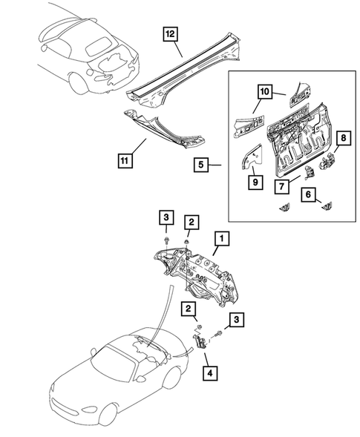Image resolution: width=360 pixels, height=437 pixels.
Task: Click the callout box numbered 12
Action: [x=171, y=34]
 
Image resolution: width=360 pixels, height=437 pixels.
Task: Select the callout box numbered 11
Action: [x=125, y=160]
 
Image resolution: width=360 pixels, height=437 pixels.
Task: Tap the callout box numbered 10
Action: [x=265, y=91]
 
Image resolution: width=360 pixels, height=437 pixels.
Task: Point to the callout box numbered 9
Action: [x=255, y=182]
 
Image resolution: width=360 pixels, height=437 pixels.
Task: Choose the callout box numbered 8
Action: [x=343, y=138]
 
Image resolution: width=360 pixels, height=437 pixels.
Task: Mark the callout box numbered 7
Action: [x=281, y=186]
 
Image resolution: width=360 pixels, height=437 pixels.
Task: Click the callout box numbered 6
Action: [x=308, y=194]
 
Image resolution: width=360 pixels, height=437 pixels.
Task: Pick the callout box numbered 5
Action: [x=201, y=165]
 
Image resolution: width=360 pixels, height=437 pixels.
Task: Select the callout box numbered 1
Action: [x=222, y=238]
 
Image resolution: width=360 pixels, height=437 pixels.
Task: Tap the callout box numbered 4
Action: [x=210, y=373]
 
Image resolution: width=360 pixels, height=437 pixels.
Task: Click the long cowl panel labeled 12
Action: [x=184, y=70]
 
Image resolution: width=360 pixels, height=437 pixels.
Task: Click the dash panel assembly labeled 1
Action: [x=197, y=276]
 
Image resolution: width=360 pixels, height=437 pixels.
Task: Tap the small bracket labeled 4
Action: [x=200, y=341]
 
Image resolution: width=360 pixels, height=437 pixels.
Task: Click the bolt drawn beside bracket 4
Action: [x=218, y=333]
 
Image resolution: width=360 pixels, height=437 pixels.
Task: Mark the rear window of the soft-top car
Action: [x=99, y=46]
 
